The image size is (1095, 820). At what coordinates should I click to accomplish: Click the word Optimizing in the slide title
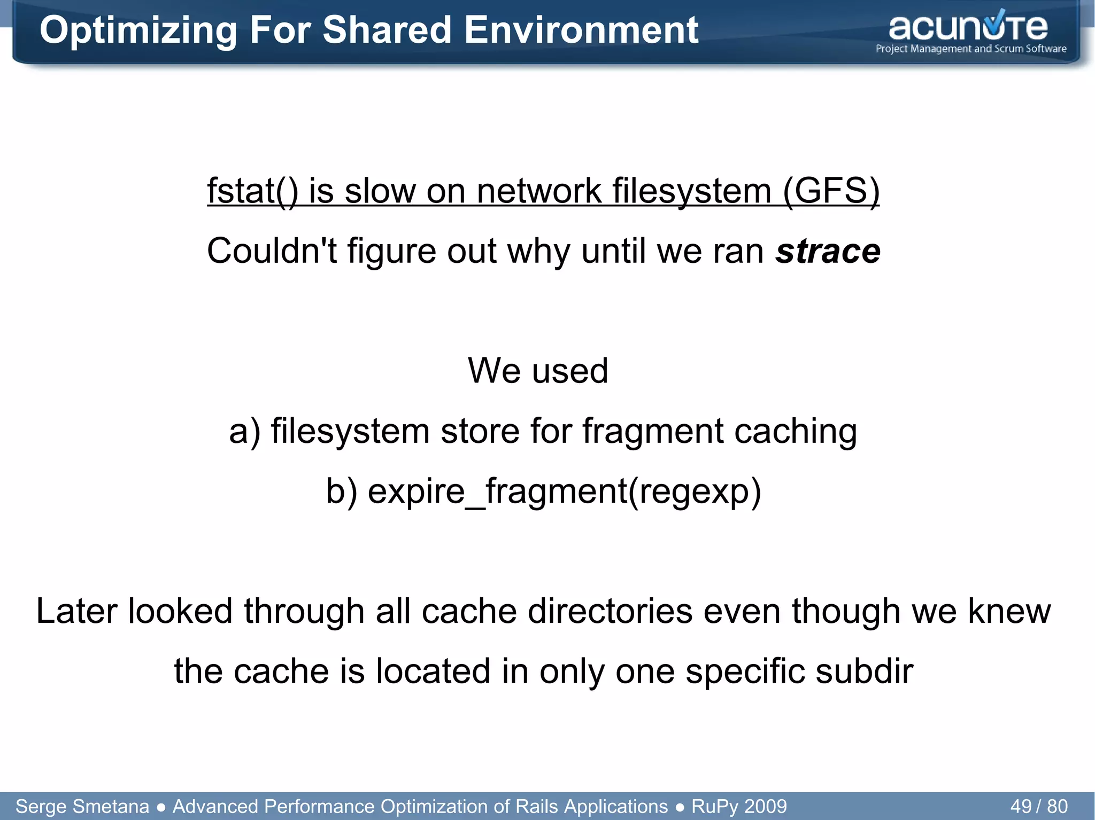[x=138, y=30]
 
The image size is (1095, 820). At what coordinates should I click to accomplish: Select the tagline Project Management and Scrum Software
[x=971, y=49]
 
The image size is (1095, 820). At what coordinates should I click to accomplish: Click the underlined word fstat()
[x=252, y=191]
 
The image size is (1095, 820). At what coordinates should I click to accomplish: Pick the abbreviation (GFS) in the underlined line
[x=831, y=191]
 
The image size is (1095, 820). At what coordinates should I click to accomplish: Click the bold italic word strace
[x=828, y=251]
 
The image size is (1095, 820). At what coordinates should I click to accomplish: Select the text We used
[x=538, y=370]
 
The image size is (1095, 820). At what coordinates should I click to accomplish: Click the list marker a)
[x=245, y=431]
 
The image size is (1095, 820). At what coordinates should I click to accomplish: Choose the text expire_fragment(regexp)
[x=564, y=491]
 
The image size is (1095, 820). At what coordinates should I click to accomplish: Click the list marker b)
[x=342, y=491]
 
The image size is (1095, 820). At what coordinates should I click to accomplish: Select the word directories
[x=610, y=611]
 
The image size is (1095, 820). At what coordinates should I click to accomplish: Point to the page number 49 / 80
[x=1039, y=806]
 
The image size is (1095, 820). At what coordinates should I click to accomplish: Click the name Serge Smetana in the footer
[x=82, y=806]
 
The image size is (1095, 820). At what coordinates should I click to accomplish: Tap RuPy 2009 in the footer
[x=739, y=806]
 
